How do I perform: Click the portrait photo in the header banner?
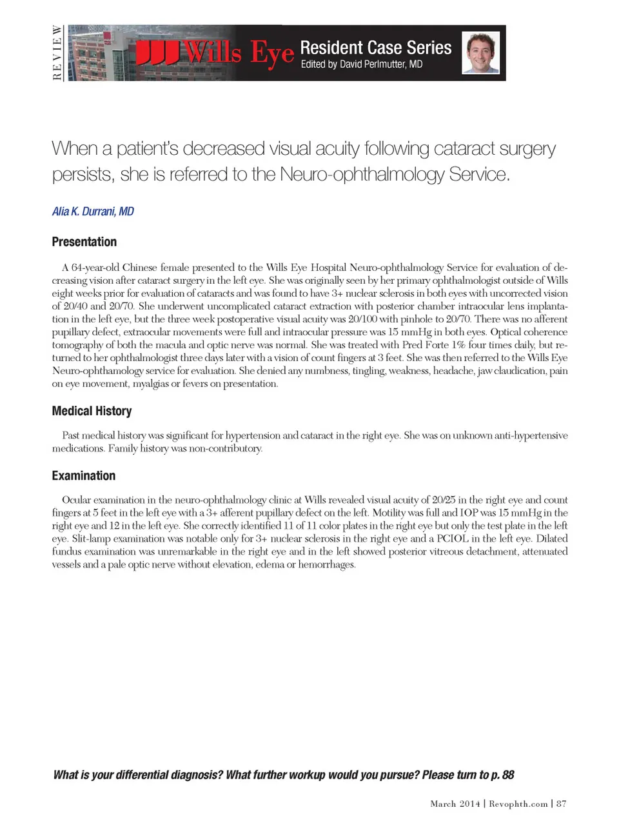[481, 53]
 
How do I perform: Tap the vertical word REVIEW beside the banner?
[57, 53]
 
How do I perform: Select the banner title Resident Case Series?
[375, 48]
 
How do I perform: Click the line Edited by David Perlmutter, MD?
[361, 64]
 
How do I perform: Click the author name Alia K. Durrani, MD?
[93, 212]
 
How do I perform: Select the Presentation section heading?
[84, 242]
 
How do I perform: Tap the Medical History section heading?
[92, 411]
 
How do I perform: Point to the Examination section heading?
[84, 475]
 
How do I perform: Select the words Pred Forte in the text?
[425, 345]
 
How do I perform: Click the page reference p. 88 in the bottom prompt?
[502, 775]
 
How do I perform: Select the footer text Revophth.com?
[518, 804]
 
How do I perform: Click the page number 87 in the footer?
[562, 804]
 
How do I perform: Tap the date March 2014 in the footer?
[455, 804]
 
